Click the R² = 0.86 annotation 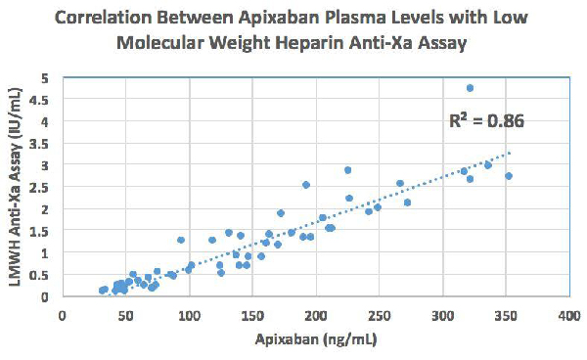(485, 122)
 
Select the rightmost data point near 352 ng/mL (509, 176)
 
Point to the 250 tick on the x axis (379, 316)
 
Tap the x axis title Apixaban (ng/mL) (314, 339)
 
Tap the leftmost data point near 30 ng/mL (101, 291)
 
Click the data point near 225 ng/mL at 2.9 (347, 170)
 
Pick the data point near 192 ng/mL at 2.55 (306, 185)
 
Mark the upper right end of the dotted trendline (509, 152)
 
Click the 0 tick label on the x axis (63, 316)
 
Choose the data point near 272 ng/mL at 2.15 (407, 202)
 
